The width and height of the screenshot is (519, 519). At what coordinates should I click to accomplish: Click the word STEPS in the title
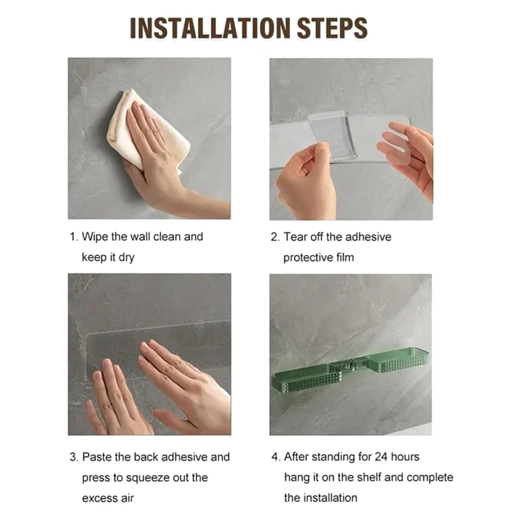pos(332,28)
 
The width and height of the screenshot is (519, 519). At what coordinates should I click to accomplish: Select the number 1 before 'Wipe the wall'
pos(73,237)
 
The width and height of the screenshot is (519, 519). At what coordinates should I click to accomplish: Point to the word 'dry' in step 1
pos(126,258)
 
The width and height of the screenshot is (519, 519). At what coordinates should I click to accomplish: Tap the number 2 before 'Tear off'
pos(275,237)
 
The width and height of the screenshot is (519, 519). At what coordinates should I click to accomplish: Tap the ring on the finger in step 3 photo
pos(108,407)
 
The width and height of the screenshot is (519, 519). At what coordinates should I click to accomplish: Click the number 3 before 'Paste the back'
pos(73,457)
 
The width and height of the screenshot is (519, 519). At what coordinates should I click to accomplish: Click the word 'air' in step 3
pos(127,498)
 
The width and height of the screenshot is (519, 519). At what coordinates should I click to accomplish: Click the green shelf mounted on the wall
pos(350,369)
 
